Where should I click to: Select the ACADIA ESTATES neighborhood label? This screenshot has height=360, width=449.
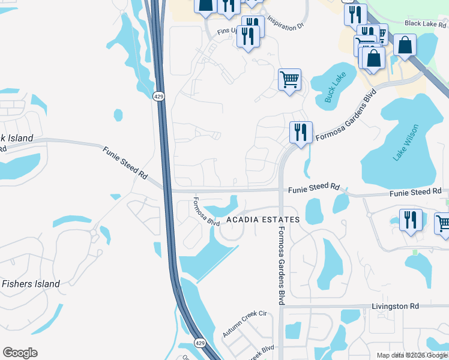(x=262, y=220)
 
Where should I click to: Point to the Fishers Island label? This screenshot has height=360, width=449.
(x=31, y=284)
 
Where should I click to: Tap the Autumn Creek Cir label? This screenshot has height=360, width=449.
(x=244, y=324)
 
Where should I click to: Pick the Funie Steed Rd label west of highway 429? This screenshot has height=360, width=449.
(x=125, y=163)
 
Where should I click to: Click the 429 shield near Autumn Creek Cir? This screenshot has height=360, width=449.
(x=199, y=343)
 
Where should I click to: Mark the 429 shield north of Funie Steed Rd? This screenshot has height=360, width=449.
(x=158, y=97)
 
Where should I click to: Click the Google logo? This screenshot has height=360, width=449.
(x=20, y=353)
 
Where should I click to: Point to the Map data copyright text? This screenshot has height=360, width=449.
(x=412, y=355)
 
